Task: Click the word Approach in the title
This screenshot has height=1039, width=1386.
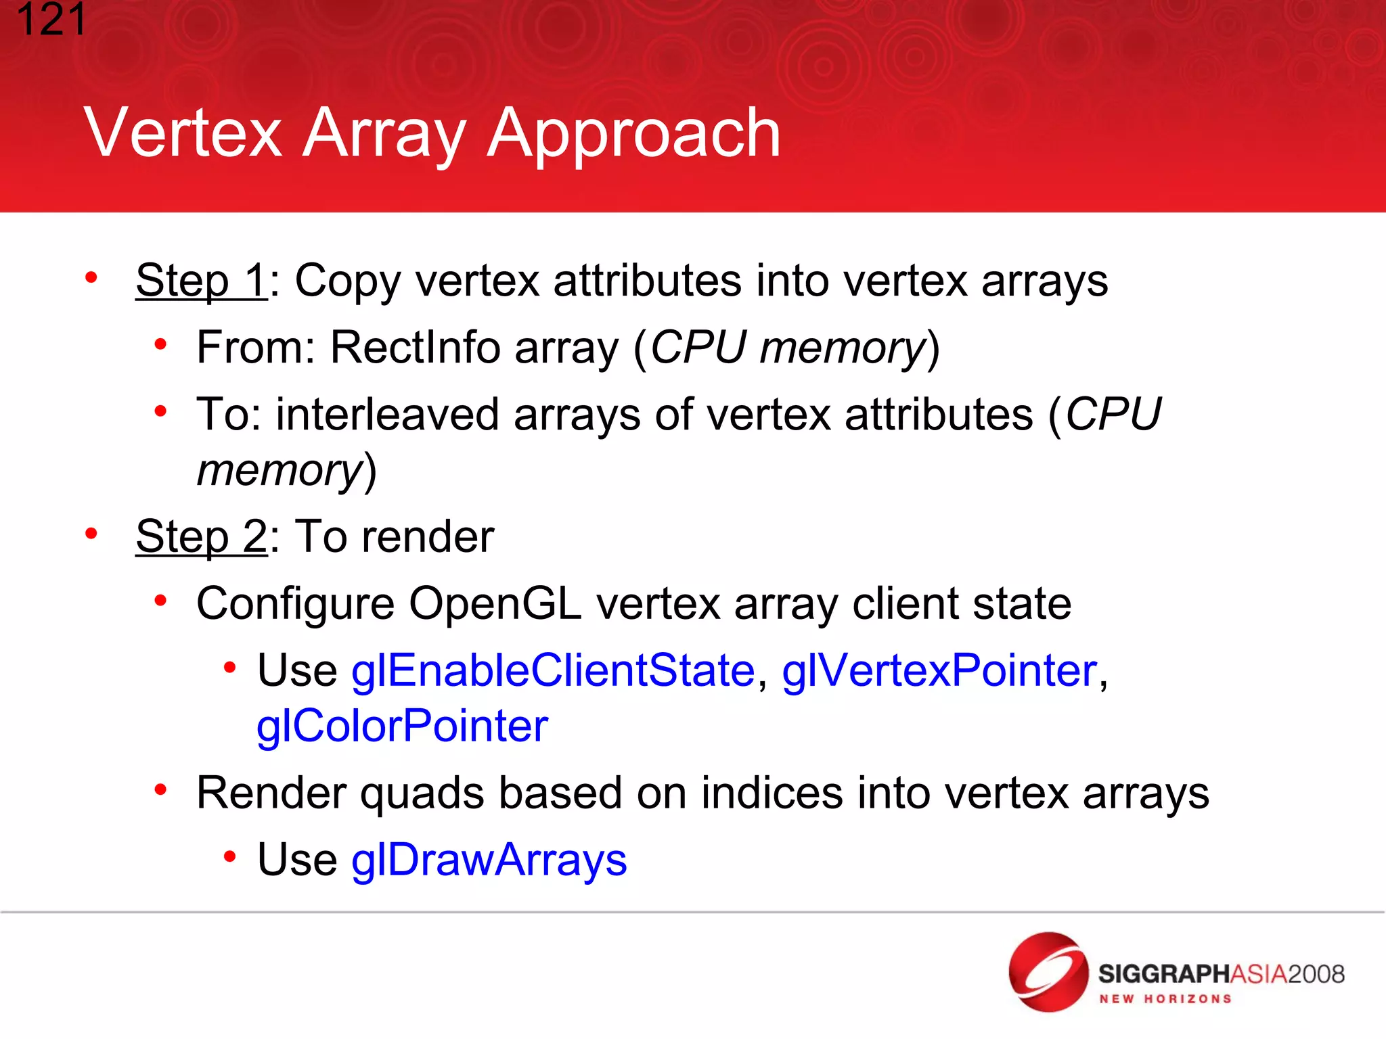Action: coord(634,134)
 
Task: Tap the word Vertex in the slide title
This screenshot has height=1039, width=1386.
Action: coord(183,134)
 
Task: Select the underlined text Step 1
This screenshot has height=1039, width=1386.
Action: coord(201,280)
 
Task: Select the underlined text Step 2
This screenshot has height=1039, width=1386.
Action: coord(201,536)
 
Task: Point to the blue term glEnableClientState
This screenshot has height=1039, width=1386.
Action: coord(553,671)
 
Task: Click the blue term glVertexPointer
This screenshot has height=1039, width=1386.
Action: coord(939,671)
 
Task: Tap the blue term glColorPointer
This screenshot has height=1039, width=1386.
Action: coord(402,726)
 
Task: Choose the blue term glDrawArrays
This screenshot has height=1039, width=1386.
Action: coord(489,860)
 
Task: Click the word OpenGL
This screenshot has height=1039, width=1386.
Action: coord(495,603)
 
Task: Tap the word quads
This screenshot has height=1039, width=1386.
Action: coord(421,793)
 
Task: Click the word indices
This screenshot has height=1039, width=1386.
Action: coord(772,793)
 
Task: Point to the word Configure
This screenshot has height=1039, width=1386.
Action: coord(295,603)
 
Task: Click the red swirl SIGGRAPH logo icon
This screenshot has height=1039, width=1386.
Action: coord(1048,972)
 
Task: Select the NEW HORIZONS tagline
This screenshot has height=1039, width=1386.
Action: coord(1165,999)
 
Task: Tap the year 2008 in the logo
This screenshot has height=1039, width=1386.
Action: coord(1316,974)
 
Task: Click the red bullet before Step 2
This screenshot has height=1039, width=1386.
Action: coord(91,534)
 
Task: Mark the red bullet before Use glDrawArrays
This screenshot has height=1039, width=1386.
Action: coord(230,857)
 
